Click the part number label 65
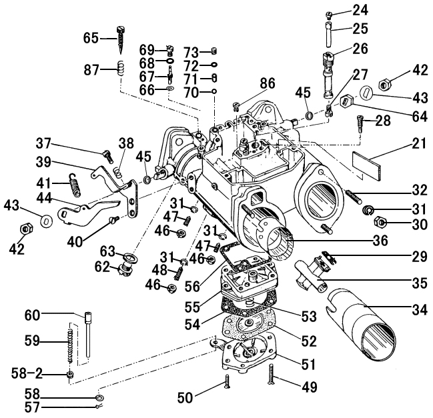(x=91, y=38)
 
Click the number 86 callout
(x=268, y=84)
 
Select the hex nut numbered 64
(x=346, y=102)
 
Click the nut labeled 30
(x=376, y=222)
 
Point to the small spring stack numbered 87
(x=121, y=68)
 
